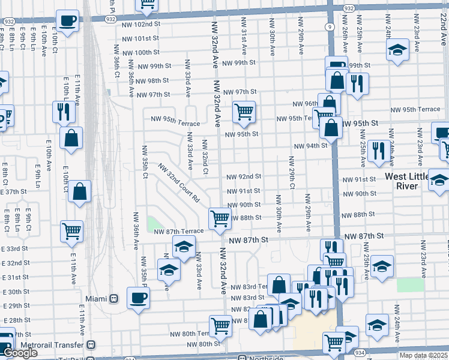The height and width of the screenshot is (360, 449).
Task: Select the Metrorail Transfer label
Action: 52,346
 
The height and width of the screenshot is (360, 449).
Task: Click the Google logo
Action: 20,353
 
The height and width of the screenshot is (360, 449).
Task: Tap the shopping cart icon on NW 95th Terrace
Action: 244,112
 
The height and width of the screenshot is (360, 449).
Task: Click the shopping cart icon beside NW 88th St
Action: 220,218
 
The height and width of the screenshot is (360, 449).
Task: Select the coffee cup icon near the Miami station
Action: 138,298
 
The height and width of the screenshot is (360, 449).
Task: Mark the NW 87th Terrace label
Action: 178,231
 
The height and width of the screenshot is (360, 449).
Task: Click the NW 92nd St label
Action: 244,176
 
